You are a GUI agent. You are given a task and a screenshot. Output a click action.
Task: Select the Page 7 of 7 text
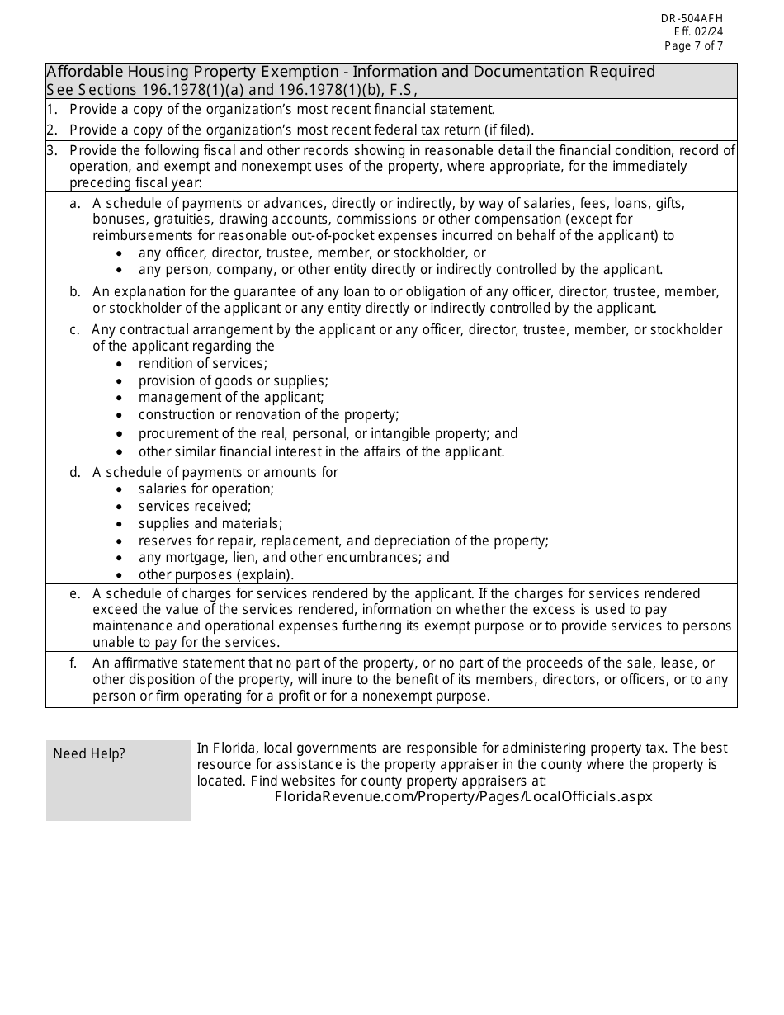pos(693,46)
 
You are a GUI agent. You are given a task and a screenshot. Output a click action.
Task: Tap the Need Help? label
pos(89,753)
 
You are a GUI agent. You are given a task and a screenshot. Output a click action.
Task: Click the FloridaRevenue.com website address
pos(463,796)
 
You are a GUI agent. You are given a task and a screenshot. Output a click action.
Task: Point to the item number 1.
pos(52,109)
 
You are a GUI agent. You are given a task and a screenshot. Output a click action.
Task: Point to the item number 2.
pos(52,130)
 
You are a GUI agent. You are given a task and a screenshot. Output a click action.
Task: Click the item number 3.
pos(52,150)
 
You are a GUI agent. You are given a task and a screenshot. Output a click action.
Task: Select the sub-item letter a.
pos(75,203)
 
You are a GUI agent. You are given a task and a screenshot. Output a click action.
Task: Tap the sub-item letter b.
pos(75,291)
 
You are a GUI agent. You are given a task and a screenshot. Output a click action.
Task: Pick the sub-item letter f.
pos(75,663)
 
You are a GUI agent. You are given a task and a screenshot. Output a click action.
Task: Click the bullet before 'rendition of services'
pos(120,364)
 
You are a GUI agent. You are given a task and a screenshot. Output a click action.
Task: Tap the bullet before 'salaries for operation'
pos(120,489)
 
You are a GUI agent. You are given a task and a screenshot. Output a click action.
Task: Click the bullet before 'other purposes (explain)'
pos(120,575)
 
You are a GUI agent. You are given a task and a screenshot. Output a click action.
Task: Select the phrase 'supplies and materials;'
pos(210,523)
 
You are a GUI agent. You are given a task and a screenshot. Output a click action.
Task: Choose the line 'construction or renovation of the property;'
pos(268,414)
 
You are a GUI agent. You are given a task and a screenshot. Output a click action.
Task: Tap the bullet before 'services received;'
pos(120,507)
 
